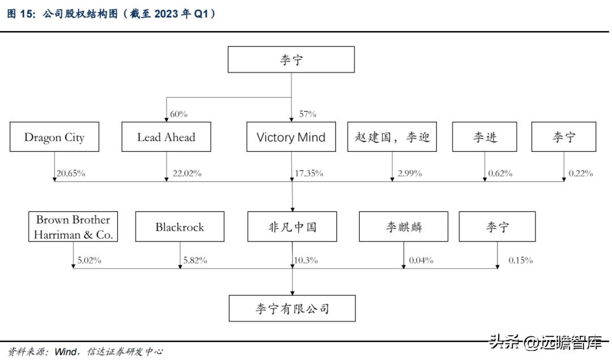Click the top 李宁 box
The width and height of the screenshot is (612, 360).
[x=291, y=60]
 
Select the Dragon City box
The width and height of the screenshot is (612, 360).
[x=54, y=137]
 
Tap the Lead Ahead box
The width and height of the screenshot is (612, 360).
[x=166, y=137]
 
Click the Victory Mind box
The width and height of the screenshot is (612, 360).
[x=291, y=137]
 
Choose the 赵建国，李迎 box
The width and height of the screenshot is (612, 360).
[x=392, y=137]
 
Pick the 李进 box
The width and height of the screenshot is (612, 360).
[x=484, y=137]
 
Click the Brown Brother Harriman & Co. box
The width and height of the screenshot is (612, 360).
[x=73, y=227]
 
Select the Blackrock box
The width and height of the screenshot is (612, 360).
[x=180, y=227]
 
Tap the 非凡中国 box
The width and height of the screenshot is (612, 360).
[x=292, y=227]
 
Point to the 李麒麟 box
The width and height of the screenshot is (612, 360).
[x=403, y=227]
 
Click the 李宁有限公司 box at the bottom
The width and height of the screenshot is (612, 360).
[x=292, y=308]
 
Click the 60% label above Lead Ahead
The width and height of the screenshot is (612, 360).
[x=178, y=115]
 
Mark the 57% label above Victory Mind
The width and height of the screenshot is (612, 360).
[x=307, y=115]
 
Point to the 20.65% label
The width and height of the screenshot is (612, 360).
[x=71, y=173]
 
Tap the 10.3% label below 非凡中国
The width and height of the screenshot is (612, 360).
[x=306, y=260]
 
